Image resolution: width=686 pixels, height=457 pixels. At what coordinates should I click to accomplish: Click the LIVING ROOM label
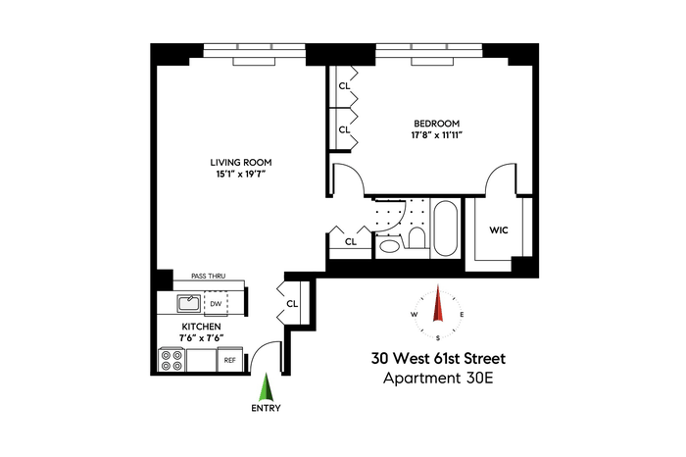point(241,163)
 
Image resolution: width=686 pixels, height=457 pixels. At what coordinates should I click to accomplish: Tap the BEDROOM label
point(437,124)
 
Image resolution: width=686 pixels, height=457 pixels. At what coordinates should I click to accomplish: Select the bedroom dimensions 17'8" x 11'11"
point(437,135)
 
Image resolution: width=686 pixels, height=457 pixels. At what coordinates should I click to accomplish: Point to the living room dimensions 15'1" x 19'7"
point(241,175)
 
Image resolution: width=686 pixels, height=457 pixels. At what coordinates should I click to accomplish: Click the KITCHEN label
point(201,327)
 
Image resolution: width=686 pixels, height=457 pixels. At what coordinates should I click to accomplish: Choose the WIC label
point(499,230)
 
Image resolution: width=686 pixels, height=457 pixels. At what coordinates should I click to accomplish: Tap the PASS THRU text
point(208,277)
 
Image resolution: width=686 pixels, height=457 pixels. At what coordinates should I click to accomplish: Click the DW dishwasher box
point(216,303)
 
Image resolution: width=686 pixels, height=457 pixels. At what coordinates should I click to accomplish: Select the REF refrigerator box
point(229,360)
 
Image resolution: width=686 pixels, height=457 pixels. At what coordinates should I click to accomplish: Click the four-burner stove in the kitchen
point(171,360)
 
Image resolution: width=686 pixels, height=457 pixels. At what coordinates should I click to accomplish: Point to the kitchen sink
point(189,303)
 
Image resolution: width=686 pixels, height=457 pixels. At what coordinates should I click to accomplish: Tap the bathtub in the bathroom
point(445,228)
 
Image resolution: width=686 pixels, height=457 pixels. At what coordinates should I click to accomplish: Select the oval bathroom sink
point(388,245)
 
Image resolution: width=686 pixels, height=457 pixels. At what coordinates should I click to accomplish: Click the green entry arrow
point(266,387)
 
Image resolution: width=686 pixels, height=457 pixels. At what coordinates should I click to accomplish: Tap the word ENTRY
point(266,408)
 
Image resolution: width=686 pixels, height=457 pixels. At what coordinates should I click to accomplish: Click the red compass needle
point(437,303)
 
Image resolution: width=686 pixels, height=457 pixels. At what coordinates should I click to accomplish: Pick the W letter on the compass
point(414,314)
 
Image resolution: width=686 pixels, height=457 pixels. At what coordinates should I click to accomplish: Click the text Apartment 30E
point(438,378)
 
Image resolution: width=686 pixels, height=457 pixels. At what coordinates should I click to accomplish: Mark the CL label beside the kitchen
point(292,303)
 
